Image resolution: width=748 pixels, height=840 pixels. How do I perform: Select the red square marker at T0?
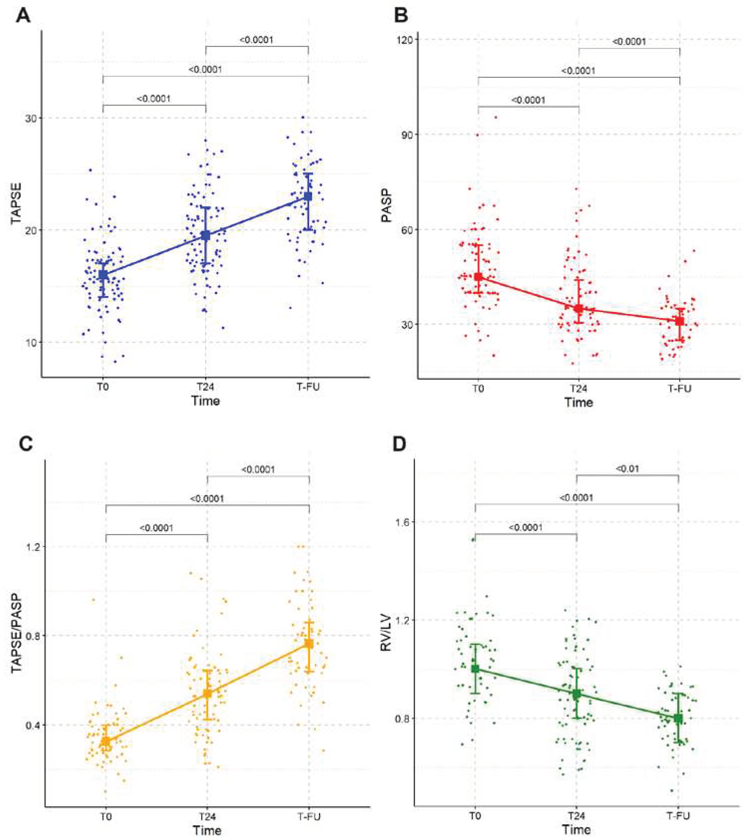[478, 277]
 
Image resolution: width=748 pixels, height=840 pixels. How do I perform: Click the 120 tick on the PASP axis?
[403, 39]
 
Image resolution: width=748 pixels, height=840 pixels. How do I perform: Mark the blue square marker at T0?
[103, 275]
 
